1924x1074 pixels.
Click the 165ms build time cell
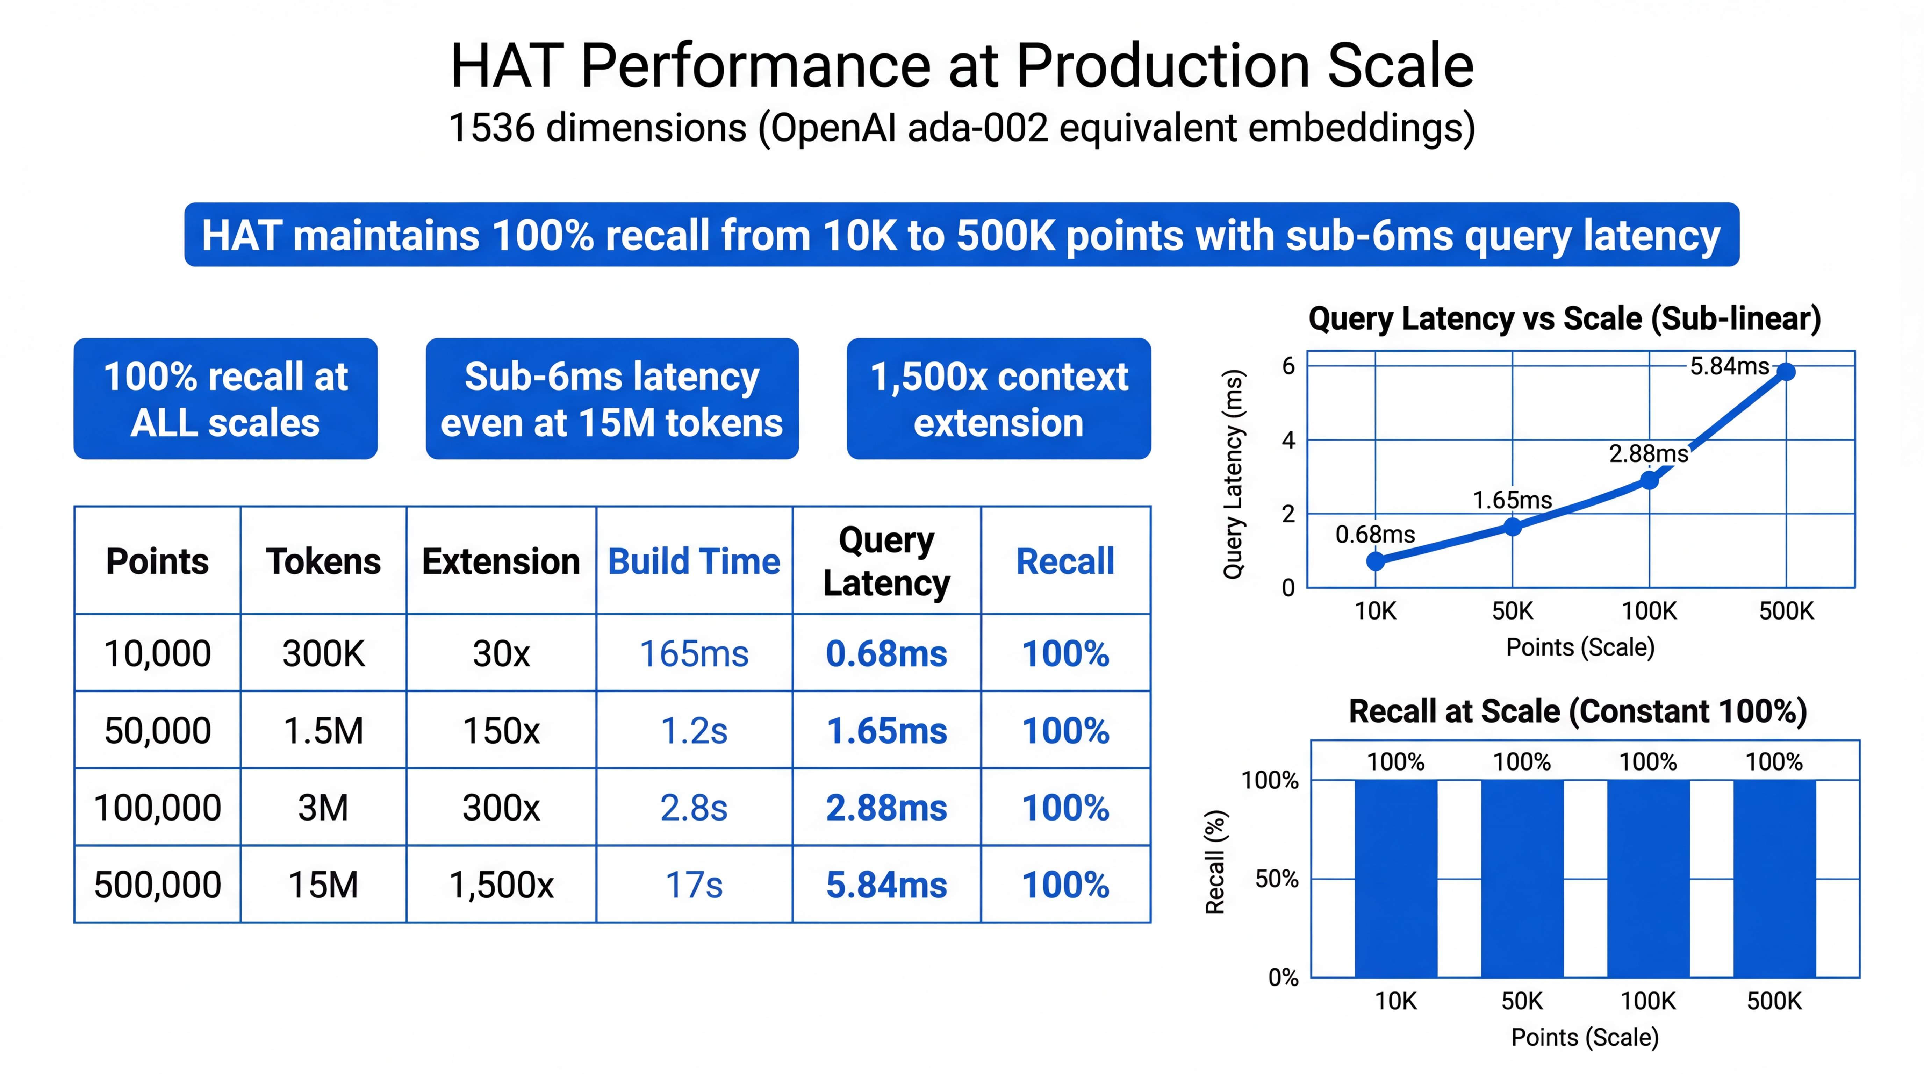click(x=694, y=653)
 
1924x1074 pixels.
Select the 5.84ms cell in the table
click(x=886, y=884)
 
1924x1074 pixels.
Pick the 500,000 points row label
click(x=158, y=884)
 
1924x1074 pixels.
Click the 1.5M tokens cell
click(x=323, y=730)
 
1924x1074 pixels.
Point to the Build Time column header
click(x=694, y=561)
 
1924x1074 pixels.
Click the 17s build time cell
click(x=694, y=884)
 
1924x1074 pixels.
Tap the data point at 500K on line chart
click(x=1786, y=371)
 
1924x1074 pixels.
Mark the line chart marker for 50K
click(x=1513, y=527)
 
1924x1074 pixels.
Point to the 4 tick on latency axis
click(x=1288, y=440)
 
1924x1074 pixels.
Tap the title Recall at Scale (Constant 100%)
click(x=1578, y=711)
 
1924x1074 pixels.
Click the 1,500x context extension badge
click(x=999, y=399)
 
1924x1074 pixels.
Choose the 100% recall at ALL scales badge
click(x=225, y=399)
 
